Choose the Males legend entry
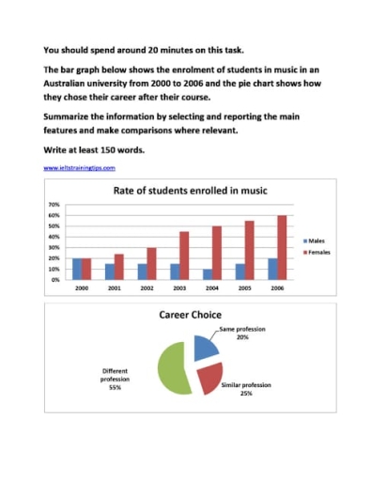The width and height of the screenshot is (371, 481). (x=312, y=241)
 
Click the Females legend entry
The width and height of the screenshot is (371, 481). (x=314, y=254)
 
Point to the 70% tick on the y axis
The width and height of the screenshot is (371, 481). (x=54, y=205)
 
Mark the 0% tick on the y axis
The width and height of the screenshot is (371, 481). (x=55, y=280)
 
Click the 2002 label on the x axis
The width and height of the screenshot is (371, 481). (x=146, y=288)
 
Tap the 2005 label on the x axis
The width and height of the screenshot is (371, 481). (x=244, y=288)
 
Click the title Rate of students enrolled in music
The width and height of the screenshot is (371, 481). (x=189, y=191)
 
